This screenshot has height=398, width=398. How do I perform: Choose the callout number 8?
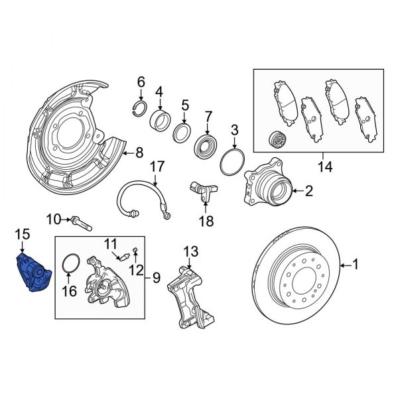[x=139, y=153]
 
